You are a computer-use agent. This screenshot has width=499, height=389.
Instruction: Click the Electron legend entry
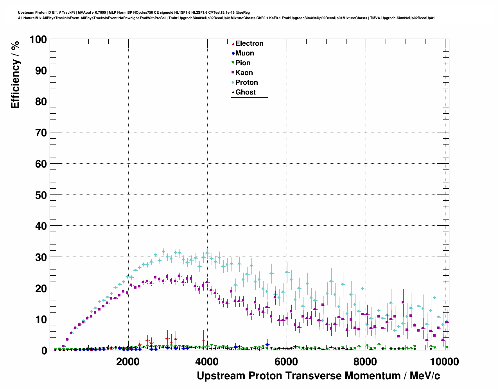[249, 43]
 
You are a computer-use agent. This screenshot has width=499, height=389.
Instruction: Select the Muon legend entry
[244, 53]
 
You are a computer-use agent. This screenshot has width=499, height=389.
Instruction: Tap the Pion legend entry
[243, 63]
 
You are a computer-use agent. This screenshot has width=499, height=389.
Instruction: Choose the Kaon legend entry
[244, 73]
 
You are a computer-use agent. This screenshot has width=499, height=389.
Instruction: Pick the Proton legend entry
[246, 82]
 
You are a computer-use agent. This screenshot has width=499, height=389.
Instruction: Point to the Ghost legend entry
[245, 92]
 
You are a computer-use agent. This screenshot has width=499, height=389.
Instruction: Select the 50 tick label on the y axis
[41, 195]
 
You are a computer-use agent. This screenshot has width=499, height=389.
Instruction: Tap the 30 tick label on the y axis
[41, 257]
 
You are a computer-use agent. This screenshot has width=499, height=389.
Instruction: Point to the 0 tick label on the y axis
[43, 350]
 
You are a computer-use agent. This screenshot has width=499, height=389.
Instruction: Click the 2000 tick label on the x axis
[128, 361]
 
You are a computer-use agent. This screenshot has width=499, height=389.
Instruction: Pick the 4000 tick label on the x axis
[207, 361]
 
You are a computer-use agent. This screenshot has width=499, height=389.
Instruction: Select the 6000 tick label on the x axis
[286, 361]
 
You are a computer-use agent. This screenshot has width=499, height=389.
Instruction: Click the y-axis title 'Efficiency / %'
[15, 75]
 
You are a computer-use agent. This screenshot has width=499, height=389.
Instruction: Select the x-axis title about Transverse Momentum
[318, 376]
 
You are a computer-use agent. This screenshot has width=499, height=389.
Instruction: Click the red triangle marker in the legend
[233, 43]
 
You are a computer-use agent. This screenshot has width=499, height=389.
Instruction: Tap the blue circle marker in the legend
[233, 53]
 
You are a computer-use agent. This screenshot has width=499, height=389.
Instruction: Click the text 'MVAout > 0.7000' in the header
[92, 12]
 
